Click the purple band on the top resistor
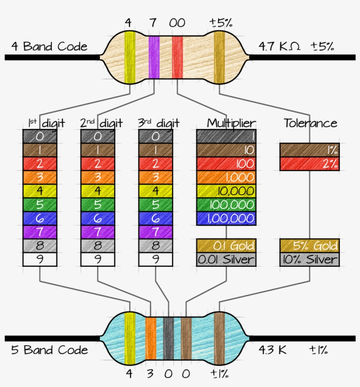click(154, 57)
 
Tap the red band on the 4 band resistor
click(177, 57)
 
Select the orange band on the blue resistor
click(151, 339)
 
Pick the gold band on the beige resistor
click(219, 57)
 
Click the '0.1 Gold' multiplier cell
click(226, 245)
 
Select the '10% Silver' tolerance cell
click(310, 259)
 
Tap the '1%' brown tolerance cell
click(310, 150)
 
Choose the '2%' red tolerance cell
click(310, 164)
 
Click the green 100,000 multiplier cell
click(226, 204)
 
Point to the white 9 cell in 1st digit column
click(40, 259)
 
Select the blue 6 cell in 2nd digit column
click(97, 218)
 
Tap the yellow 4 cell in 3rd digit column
click(156, 191)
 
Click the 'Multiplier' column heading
click(231, 123)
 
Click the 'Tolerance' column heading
click(310, 123)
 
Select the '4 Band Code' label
click(49, 47)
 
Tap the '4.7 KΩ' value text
click(280, 46)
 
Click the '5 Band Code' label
click(49, 350)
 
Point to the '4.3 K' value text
click(273, 350)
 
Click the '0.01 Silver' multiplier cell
click(226, 259)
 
